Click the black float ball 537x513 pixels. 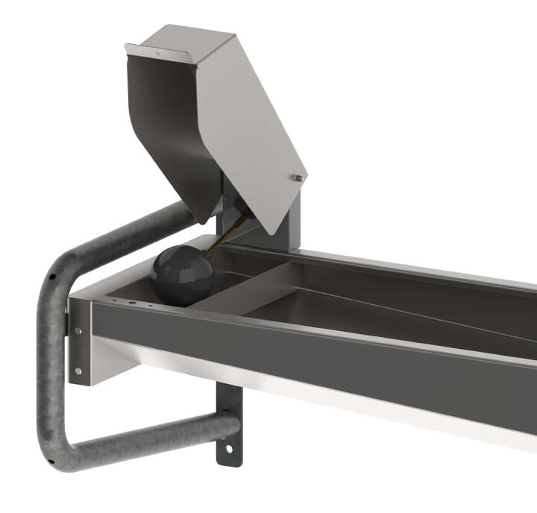coord(181,276)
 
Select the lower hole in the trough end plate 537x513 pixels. coord(78,370)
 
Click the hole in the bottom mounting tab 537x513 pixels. coord(229,448)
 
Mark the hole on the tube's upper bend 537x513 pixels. coord(52,276)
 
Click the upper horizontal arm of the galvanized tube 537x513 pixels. coord(134,231)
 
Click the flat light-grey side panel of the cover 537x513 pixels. coord(254,127)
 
